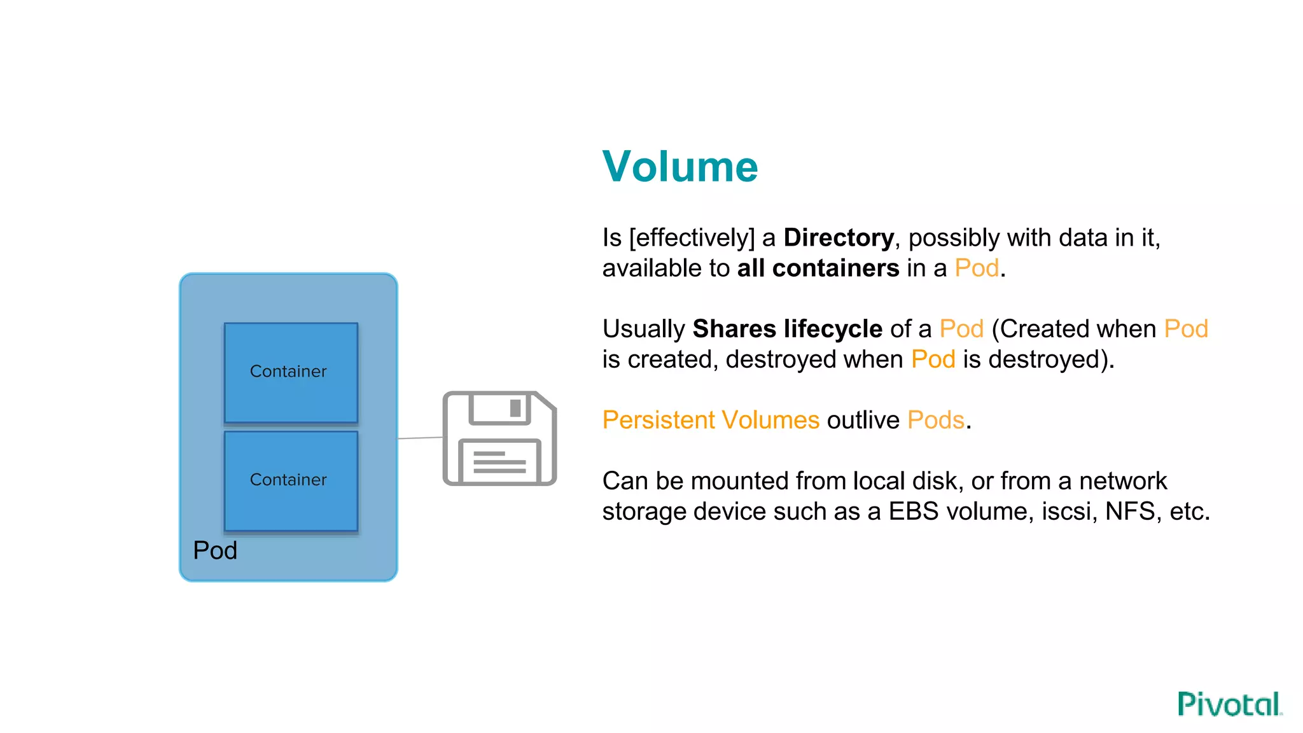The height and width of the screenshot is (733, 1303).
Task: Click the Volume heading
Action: (679, 167)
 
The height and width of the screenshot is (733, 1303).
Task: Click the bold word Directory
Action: (838, 238)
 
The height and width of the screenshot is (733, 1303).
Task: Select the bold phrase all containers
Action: (818, 269)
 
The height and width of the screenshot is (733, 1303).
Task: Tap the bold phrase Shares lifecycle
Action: (787, 329)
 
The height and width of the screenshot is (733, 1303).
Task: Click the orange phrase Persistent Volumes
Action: (710, 421)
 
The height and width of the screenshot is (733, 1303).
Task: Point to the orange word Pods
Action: (935, 421)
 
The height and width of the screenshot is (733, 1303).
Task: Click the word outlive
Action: (863, 421)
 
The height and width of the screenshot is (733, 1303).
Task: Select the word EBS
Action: (913, 512)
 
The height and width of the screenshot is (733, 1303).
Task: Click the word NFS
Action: (1129, 512)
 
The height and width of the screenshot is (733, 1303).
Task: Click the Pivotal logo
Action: (1229, 704)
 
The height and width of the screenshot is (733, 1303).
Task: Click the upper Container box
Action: (291, 373)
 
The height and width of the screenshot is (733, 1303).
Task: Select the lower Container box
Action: (291, 481)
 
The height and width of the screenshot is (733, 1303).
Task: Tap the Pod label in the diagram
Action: (215, 550)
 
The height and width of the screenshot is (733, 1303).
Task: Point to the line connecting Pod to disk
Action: (420, 438)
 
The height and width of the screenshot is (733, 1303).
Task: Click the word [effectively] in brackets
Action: (691, 238)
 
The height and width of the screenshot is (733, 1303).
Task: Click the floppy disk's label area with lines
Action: (499, 462)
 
